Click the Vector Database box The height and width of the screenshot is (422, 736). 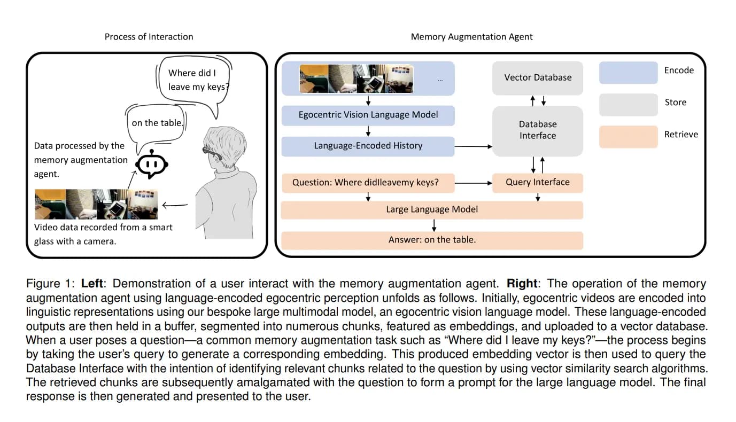tap(538, 77)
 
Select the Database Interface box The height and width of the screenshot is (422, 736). tap(537, 130)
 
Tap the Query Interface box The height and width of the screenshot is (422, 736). tap(537, 183)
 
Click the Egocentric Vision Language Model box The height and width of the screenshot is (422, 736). tap(368, 115)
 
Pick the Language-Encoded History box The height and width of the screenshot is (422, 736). tap(368, 146)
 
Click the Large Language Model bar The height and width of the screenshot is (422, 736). tap(431, 209)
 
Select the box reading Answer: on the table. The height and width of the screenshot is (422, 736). tap(431, 240)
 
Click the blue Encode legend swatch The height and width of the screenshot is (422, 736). tap(628, 73)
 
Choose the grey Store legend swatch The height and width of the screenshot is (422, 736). tap(628, 104)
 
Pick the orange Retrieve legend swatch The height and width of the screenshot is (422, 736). tap(628, 136)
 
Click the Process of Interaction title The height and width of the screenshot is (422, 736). tap(149, 37)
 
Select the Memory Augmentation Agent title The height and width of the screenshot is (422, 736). tap(471, 37)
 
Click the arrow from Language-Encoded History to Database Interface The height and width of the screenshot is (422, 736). tap(472, 146)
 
